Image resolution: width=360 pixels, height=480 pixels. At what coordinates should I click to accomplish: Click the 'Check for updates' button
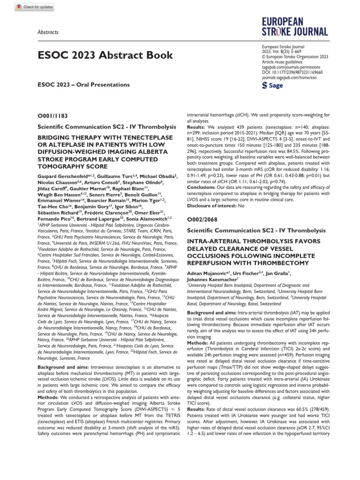[x=35, y=7]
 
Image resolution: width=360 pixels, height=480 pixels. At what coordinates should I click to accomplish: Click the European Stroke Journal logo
[x=295, y=27]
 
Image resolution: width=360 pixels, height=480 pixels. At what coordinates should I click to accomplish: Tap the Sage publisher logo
[x=272, y=86]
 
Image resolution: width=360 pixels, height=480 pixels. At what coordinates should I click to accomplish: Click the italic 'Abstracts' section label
[x=48, y=32]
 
